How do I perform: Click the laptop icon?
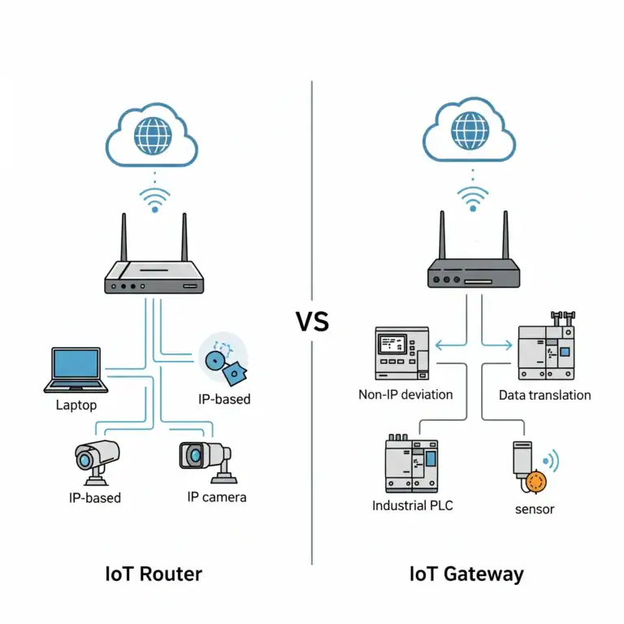pyautogui.click(x=76, y=370)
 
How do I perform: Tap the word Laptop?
pyautogui.click(x=76, y=404)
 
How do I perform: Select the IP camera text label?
pyautogui.click(x=216, y=496)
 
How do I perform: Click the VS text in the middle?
pyautogui.click(x=312, y=322)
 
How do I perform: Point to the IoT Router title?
pyautogui.click(x=154, y=574)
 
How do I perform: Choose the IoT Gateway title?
pyautogui.click(x=466, y=574)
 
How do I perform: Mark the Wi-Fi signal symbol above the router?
pyautogui.click(x=154, y=199)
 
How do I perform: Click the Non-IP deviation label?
pyautogui.click(x=405, y=395)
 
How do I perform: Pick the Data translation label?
pyautogui.click(x=544, y=395)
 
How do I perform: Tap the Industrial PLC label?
pyautogui.click(x=413, y=505)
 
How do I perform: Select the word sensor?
pyautogui.click(x=534, y=509)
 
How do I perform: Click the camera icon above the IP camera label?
pyautogui.click(x=204, y=458)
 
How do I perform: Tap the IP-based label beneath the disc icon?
pyautogui.click(x=224, y=399)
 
